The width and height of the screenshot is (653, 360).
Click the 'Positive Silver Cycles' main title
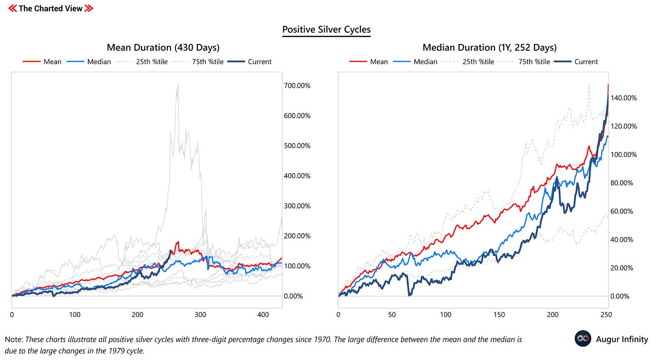[326, 30]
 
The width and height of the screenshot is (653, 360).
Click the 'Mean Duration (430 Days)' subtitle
[163, 48]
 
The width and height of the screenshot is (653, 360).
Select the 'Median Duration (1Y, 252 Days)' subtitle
[489, 48]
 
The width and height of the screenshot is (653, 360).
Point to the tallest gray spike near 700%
[178, 85]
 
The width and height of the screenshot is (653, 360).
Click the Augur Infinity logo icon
[583, 339]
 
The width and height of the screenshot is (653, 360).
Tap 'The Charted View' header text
[50, 8]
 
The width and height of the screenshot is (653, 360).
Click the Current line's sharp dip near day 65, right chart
[409, 295]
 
